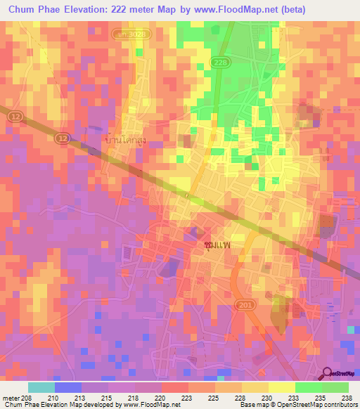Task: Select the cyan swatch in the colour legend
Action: (41, 387)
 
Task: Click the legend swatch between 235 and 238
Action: (335, 387)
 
